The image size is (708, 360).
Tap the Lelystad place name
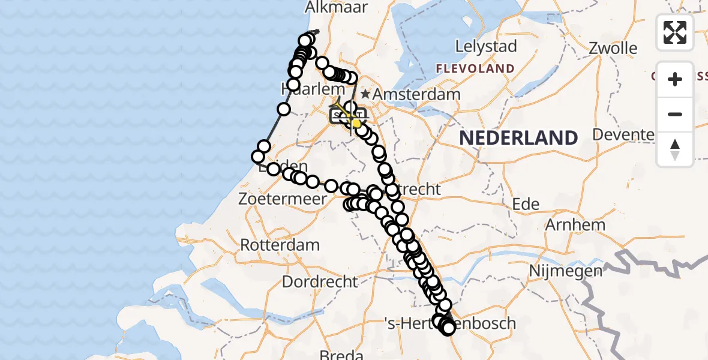486,46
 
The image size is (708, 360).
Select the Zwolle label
613,47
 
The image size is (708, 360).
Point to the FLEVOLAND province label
475,68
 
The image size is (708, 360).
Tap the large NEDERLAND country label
518,138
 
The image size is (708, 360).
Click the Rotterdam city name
280,245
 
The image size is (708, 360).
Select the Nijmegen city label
565,271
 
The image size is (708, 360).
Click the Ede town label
526,204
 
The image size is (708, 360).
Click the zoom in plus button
675,79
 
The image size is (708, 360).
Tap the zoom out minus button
675,114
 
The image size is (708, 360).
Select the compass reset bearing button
675,149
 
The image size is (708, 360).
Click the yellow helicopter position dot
356,123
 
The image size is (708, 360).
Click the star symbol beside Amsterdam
365,94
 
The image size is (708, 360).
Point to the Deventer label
623,134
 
